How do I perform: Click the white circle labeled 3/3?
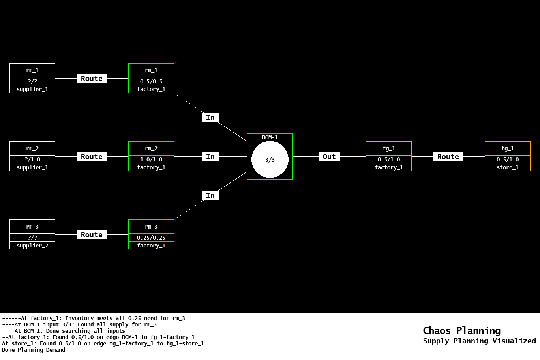pyautogui.click(x=270, y=159)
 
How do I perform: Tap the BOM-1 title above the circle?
pyautogui.click(x=270, y=137)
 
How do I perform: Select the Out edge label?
pyautogui.click(x=329, y=156)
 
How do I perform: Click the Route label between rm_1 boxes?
pyautogui.click(x=92, y=78)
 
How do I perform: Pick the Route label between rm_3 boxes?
pyautogui.click(x=92, y=234)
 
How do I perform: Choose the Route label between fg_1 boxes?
pyautogui.click(x=448, y=156)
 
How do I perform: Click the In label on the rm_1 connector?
pyautogui.click(x=210, y=117)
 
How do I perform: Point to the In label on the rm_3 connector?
pyautogui.click(x=210, y=195)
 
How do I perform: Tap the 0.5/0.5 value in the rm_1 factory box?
pyautogui.click(x=151, y=81)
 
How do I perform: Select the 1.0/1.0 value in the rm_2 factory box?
pyautogui.click(x=151, y=159)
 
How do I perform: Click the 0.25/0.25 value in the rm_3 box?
pyautogui.click(x=151, y=238)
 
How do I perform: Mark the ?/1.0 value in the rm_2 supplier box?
pyautogui.click(x=32, y=159)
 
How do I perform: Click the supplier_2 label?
pyautogui.click(x=32, y=246)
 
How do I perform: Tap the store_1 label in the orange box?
pyautogui.click(x=508, y=167)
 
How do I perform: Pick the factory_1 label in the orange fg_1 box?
pyautogui.click(x=389, y=167)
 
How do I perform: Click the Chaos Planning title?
pyautogui.click(x=461, y=330)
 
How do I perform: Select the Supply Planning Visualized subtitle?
pyautogui.click(x=479, y=341)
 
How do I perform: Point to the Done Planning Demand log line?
pyautogui.click(x=34, y=350)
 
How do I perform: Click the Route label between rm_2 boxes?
pyautogui.click(x=92, y=156)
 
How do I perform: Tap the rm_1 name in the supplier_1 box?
pyautogui.click(x=32, y=70)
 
